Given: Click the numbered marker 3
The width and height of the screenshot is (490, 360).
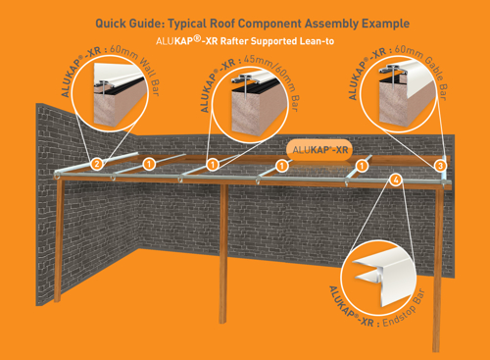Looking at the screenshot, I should tap(440, 166).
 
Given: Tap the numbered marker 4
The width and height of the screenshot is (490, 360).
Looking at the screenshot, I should tap(395, 180).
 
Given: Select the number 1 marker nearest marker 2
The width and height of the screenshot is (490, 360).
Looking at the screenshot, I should tap(149, 163).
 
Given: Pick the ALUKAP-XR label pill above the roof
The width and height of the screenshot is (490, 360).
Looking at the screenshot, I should tap(319, 150).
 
